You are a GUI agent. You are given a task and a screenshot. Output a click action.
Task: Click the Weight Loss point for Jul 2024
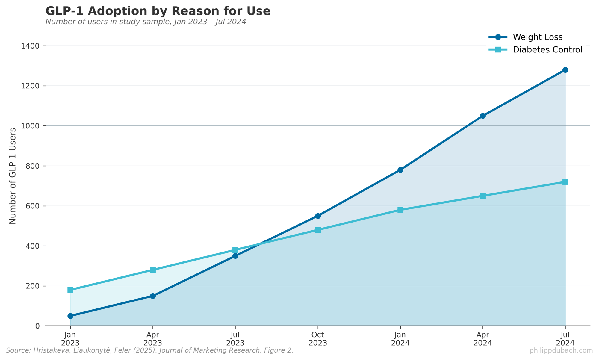(x=565, y=70)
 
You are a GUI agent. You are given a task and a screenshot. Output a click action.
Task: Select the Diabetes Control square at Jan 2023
(x=70, y=290)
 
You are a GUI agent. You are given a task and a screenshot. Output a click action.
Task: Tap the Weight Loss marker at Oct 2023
(x=318, y=216)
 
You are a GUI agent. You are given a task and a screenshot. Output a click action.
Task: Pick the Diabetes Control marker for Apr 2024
(x=483, y=196)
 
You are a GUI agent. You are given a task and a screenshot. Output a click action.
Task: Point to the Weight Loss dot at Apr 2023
(x=153, y=296)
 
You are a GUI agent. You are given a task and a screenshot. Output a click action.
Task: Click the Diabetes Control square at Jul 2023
(x=235, y=250)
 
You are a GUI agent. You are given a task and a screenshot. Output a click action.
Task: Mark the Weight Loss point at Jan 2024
(x=400, y=170)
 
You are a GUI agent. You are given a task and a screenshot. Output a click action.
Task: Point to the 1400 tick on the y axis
(x=31, y=46)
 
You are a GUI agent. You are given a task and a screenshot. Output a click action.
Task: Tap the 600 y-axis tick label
(x=33, y=206)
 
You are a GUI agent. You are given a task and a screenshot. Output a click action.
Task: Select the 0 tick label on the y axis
(x=37, y=326)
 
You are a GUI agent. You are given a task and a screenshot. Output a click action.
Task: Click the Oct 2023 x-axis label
(x=318, y=339)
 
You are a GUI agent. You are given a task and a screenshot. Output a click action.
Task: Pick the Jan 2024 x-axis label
(x=400, y=339)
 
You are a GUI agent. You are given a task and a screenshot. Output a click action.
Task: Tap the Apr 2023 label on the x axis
(x=153, y=339)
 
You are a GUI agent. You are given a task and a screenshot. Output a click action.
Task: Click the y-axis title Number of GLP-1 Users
(x=13, y=176)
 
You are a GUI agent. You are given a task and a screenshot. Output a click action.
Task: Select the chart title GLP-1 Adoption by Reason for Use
(x=158, y=11)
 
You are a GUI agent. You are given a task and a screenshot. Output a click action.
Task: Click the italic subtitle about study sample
(x=146, y=22)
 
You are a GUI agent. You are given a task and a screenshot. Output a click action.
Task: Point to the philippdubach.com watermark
(x=561, y=350)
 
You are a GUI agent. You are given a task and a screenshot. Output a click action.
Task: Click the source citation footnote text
(x=149, y=350)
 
